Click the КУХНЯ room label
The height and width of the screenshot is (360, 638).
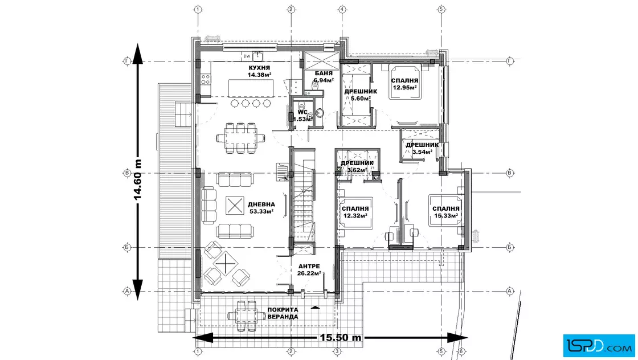pyautogui.click(x=259, y=68)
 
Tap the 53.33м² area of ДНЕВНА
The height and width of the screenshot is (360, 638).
pyautogui.click(x=261, y=211)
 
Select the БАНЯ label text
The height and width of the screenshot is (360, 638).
pyautogui.click(x=324, y=73)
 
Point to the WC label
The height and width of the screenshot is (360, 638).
pyautogui.click(x=302, y=112)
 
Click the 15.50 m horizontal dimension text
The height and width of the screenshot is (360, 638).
pyautogui.click(x=341, y=338)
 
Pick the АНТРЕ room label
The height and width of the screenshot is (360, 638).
pyautogui.click(x=309, y=267)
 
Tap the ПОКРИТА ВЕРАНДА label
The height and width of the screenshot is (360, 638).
pyautogui.click(x=283, y=313)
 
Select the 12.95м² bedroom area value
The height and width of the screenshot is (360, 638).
pyautogui.click(x=404, y=88)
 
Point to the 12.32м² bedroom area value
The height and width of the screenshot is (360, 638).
pyautogui.click(x=355, y=215)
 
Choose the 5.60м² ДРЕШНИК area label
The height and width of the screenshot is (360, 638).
pyautogui.click(x=361, y=98)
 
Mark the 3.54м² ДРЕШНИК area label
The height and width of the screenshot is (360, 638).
pyautogui.click(x=422, y=152)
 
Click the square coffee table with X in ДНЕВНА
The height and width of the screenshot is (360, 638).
pyautogui.click(x=235, y=206)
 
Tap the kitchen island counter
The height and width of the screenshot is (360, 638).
pyautogui.click(x=251, y=88)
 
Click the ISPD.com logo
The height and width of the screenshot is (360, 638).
pyautogui.click(x=599, y=346)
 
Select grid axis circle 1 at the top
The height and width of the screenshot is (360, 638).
pyautogui.click(x=198, y=9)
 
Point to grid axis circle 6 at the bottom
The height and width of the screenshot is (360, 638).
pyautogui.click(x=461, y=351)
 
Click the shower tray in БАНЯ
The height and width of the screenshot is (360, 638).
pyautogui.click(x=322, y=61)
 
